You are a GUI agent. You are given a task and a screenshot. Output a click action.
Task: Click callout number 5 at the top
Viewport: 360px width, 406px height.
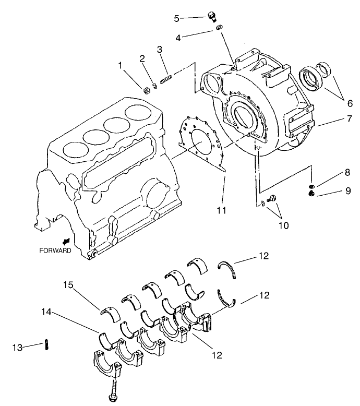(x=176, y=18)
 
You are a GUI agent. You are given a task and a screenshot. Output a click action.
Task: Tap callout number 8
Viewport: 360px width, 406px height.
(x=332, y=172)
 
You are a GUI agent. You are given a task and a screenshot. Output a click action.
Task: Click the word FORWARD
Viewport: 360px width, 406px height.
(x=55, y=250)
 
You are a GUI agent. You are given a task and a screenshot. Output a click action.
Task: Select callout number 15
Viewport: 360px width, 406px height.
(x=68, y=285)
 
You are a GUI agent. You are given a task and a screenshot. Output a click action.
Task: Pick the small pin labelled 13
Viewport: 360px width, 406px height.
(x=47, y=344)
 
